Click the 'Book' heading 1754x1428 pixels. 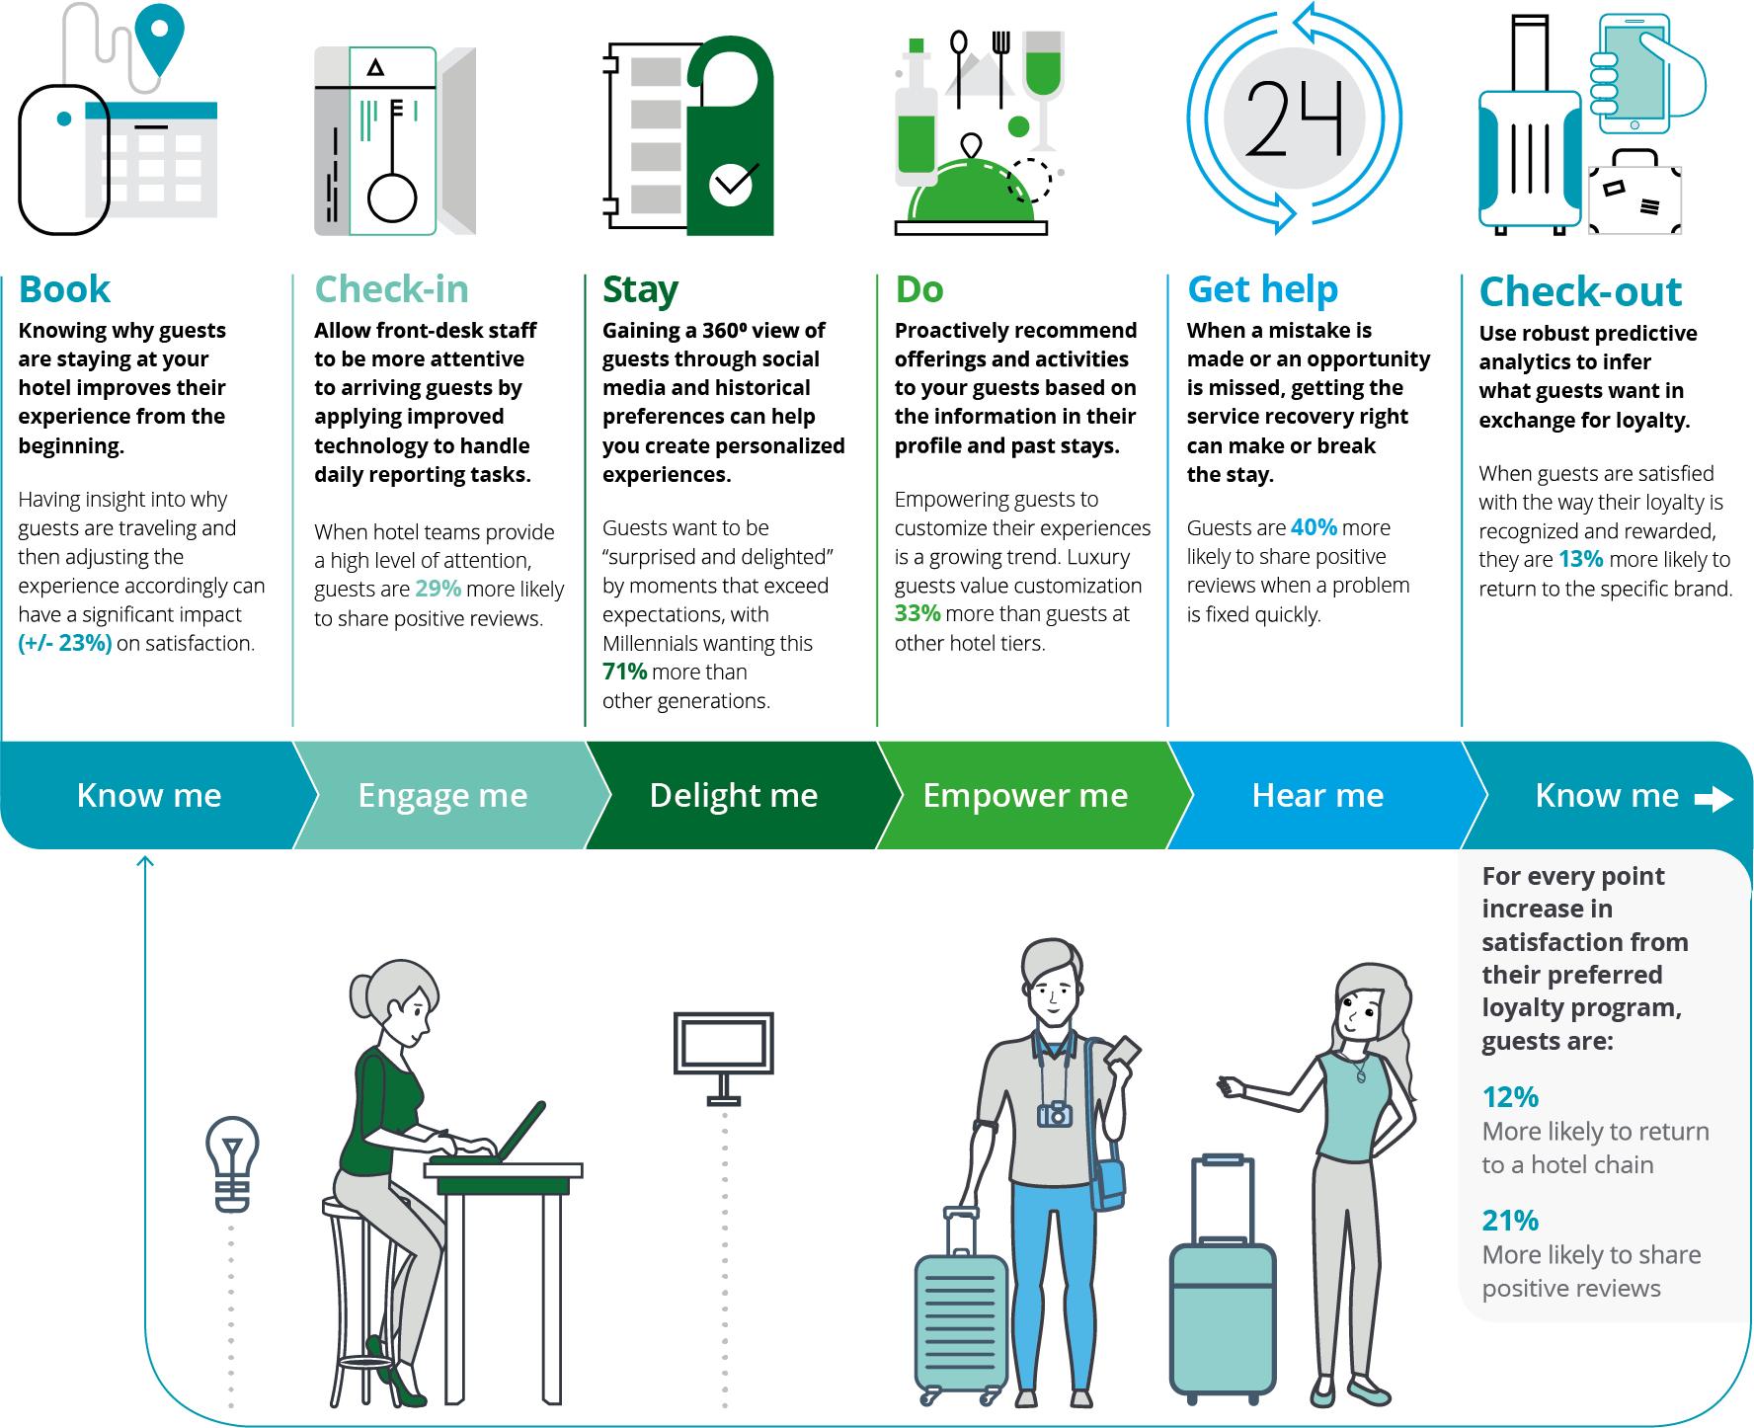pos(64,289)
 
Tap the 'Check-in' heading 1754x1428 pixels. pos(391,289)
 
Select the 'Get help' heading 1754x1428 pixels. pos(1262,290)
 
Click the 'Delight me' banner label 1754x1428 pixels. pos(734,795)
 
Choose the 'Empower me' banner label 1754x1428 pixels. pos(1025,795)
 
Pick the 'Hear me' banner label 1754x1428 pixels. pos(1317,795)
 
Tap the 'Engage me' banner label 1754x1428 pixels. pos(442,796)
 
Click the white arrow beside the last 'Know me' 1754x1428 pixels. pos(1714,799)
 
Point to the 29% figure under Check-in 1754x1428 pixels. pos(438,589)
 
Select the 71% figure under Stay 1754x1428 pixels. pos(625,672)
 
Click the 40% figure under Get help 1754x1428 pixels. pos(1314,527)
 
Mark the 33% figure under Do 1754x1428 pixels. pos(917,613)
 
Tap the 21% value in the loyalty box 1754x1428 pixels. pos(1510,1221)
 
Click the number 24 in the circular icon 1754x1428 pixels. pos(1294,119)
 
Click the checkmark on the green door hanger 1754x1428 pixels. pos(732,182)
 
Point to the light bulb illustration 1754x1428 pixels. pos(232,1163)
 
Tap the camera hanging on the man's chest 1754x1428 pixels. pos(1055,1115)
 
